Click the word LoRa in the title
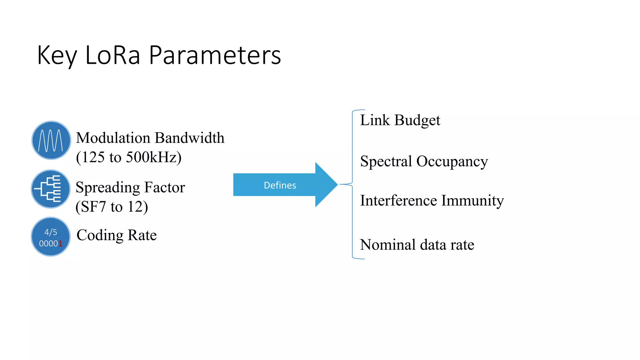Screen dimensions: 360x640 (x=112, y=55)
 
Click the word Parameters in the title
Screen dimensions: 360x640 (x=215, y=55)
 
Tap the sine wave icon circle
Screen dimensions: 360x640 (x=51, y=140)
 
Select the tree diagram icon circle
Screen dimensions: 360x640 (x=51, y=189)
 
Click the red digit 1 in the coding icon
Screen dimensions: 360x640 (x=60, y=244)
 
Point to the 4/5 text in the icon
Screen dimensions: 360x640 (x=51, y=232)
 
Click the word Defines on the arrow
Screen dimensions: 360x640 (x=280, y=185)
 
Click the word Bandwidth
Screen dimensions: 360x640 (x=189, y=138)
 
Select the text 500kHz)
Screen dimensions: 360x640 (x=153, y=157)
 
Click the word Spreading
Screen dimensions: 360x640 (x=107, y=188)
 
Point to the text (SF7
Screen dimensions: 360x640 (x=91, y=207)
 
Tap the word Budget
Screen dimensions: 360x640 (x=417, y=121)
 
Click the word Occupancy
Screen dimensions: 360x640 (x=452, y=162)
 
